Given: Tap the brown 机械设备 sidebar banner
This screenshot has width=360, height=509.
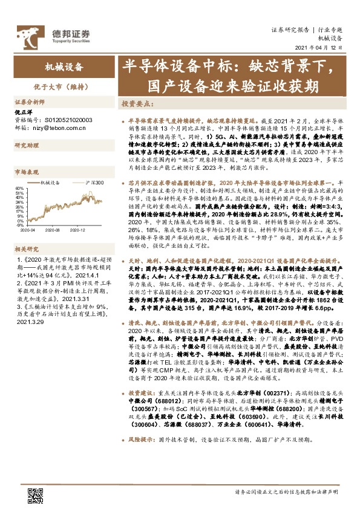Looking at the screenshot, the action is [x=64, y=66].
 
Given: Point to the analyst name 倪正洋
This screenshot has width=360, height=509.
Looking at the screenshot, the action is [x=24, y=113].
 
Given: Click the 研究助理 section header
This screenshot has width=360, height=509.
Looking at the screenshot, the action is [x=27, y=145].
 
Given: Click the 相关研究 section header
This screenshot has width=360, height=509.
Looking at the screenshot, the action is [x=27, y=248].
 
